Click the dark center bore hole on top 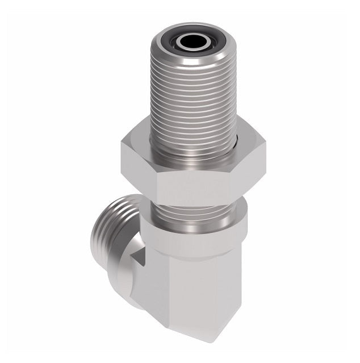pos(186,42)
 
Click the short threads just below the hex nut pos(193,213)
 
